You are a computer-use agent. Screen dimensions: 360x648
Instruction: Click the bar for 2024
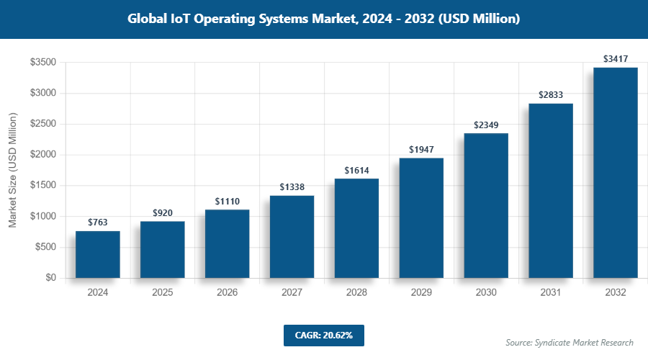click(98, 254)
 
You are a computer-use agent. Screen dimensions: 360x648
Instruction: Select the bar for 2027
click(292, 237)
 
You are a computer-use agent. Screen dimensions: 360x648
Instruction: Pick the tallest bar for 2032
click(616, 173)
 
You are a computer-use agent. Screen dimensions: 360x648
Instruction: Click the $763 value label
click(98, 222)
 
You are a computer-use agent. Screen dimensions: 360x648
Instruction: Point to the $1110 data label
click(228, 201)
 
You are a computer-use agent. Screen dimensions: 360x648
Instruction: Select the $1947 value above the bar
click(421, 149)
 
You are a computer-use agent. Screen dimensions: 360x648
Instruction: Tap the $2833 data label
click(551, 94)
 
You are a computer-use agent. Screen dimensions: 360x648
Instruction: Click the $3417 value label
click(616, 58)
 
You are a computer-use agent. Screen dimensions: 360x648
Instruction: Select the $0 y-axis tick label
click(51, 278)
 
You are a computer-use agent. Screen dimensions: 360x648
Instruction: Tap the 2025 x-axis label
click(163, 293)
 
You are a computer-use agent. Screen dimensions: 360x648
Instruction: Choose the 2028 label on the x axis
click(356, 293)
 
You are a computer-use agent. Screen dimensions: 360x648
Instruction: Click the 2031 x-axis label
click(551, 293)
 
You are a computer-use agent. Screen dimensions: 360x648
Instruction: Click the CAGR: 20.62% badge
click(323, 335)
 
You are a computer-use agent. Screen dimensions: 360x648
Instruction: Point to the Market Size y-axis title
click(12, 170)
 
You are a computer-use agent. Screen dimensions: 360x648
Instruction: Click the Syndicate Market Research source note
click(570, 342)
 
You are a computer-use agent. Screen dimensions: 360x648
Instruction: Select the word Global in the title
click(148, 19)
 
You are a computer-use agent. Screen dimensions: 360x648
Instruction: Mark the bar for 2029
click(421, 218)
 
